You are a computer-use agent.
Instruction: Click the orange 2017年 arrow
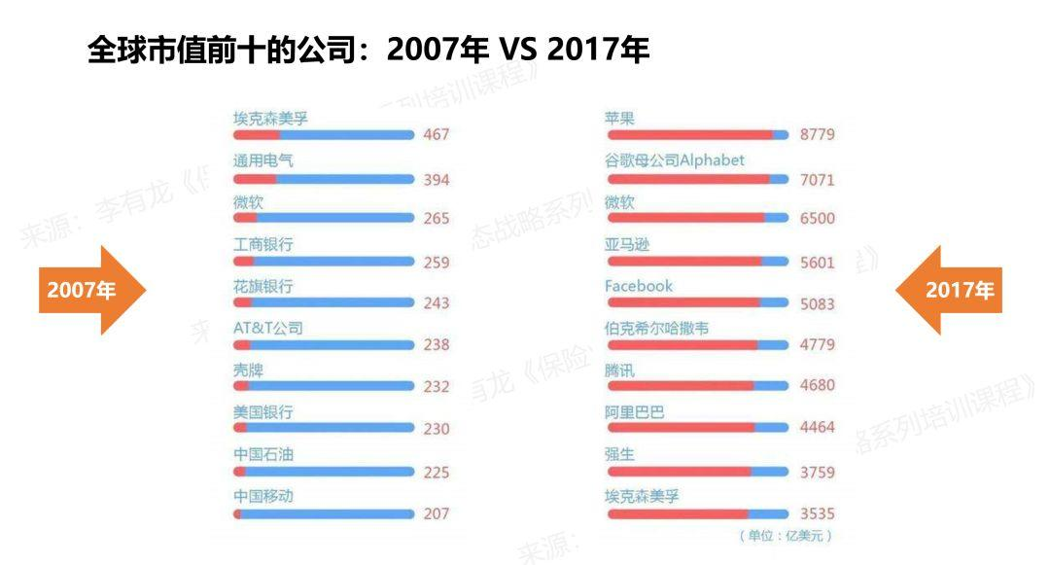click(x=951, y=290)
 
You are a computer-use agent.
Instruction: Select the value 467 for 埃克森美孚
click(x=437, y=134)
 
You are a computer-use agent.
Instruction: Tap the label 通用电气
click(x=262, y=160)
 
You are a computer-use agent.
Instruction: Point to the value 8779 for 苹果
click(x=817, y=134)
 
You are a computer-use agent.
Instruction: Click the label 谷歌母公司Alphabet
click(x=674, y=159)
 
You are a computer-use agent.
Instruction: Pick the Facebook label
click(x=638, y=286)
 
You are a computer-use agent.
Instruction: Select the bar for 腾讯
click(x=696, y=386)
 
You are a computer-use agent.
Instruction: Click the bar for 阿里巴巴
click(x=696, y=428)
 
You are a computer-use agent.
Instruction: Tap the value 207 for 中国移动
click(x=437, y=513)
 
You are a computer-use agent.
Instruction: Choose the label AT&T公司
click(x=267, y=328)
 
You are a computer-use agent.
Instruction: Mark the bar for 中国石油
click(x=324, y=472)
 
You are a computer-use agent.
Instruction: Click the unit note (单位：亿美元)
click(x=785, y=536)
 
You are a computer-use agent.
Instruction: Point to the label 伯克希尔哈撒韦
click(x=656, y=328)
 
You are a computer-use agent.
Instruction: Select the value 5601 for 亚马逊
click(x=817, y=262)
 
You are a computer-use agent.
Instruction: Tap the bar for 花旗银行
click(x=324, y=302)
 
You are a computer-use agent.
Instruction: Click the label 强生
click(x=619, y=454)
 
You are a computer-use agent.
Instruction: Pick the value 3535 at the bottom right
click(x=817, y=513)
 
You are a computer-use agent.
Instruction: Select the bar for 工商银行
click(x=324, y=262)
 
